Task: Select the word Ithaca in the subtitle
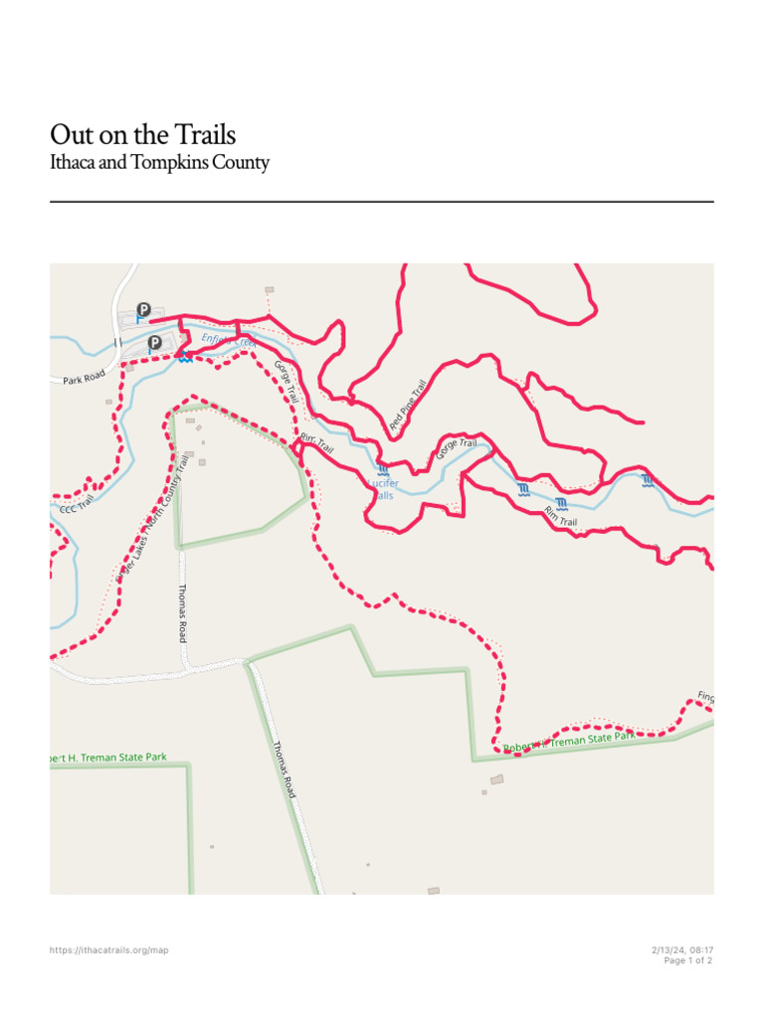74,163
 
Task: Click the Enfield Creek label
229,342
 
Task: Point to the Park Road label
84,380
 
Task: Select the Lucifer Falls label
383,489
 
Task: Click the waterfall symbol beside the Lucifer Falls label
383,469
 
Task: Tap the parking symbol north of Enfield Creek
143,310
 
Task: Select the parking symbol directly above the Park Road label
154,343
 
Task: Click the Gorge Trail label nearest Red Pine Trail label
457,448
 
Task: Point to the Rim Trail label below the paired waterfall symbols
561,515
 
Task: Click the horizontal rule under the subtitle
382,202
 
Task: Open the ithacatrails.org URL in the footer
109,950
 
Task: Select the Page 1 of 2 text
688,960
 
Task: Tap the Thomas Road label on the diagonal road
284,770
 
